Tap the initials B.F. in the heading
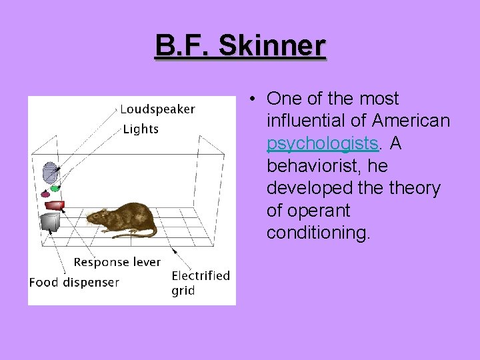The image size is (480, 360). click(183, 47)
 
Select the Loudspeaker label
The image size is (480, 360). click(157, 109)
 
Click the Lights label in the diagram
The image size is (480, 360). click(141, 129)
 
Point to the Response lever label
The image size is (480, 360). click(117, 262)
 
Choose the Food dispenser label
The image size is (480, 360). click(74, 282)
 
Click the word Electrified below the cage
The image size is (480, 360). click(200, 275)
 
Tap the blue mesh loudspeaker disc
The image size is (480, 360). click(50, 173)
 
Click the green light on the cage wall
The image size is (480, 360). click(55, 188)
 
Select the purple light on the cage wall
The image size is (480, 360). click(45, 194)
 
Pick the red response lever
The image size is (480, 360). click(54, 204)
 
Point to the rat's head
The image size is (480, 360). click(97, 217)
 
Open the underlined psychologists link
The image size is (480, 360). click(323, 143)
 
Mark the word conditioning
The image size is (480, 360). click(317, 233)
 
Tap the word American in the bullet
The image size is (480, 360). click(411, 121)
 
